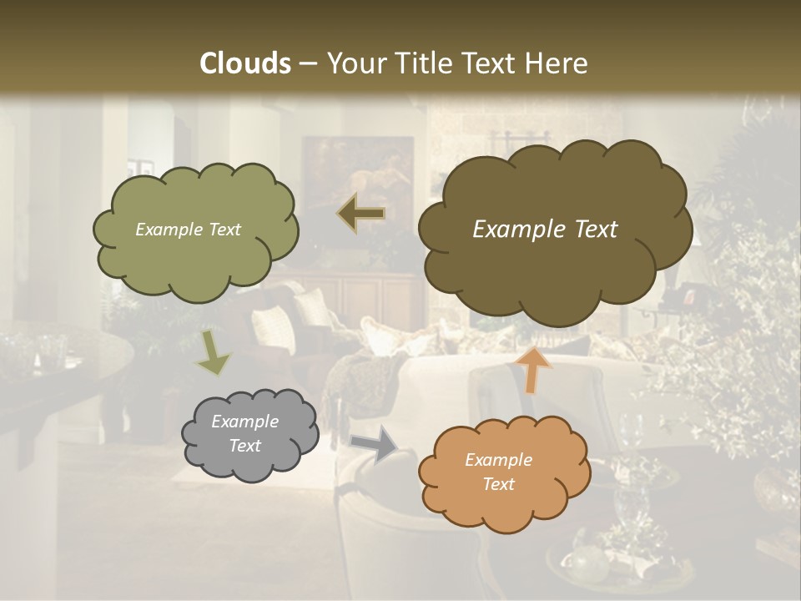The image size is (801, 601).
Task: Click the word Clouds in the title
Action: [245, 64]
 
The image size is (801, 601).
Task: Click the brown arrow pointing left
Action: [361, 214]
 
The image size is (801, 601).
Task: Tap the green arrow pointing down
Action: [213, 352]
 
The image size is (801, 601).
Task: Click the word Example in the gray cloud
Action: [244, 422]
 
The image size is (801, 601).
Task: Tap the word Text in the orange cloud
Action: [499, 484]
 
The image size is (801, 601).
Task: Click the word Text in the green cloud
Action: [224, 230]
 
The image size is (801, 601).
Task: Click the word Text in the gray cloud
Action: [244, 446]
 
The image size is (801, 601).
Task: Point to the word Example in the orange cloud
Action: [498, 460]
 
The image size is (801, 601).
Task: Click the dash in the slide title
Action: [308, 64]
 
